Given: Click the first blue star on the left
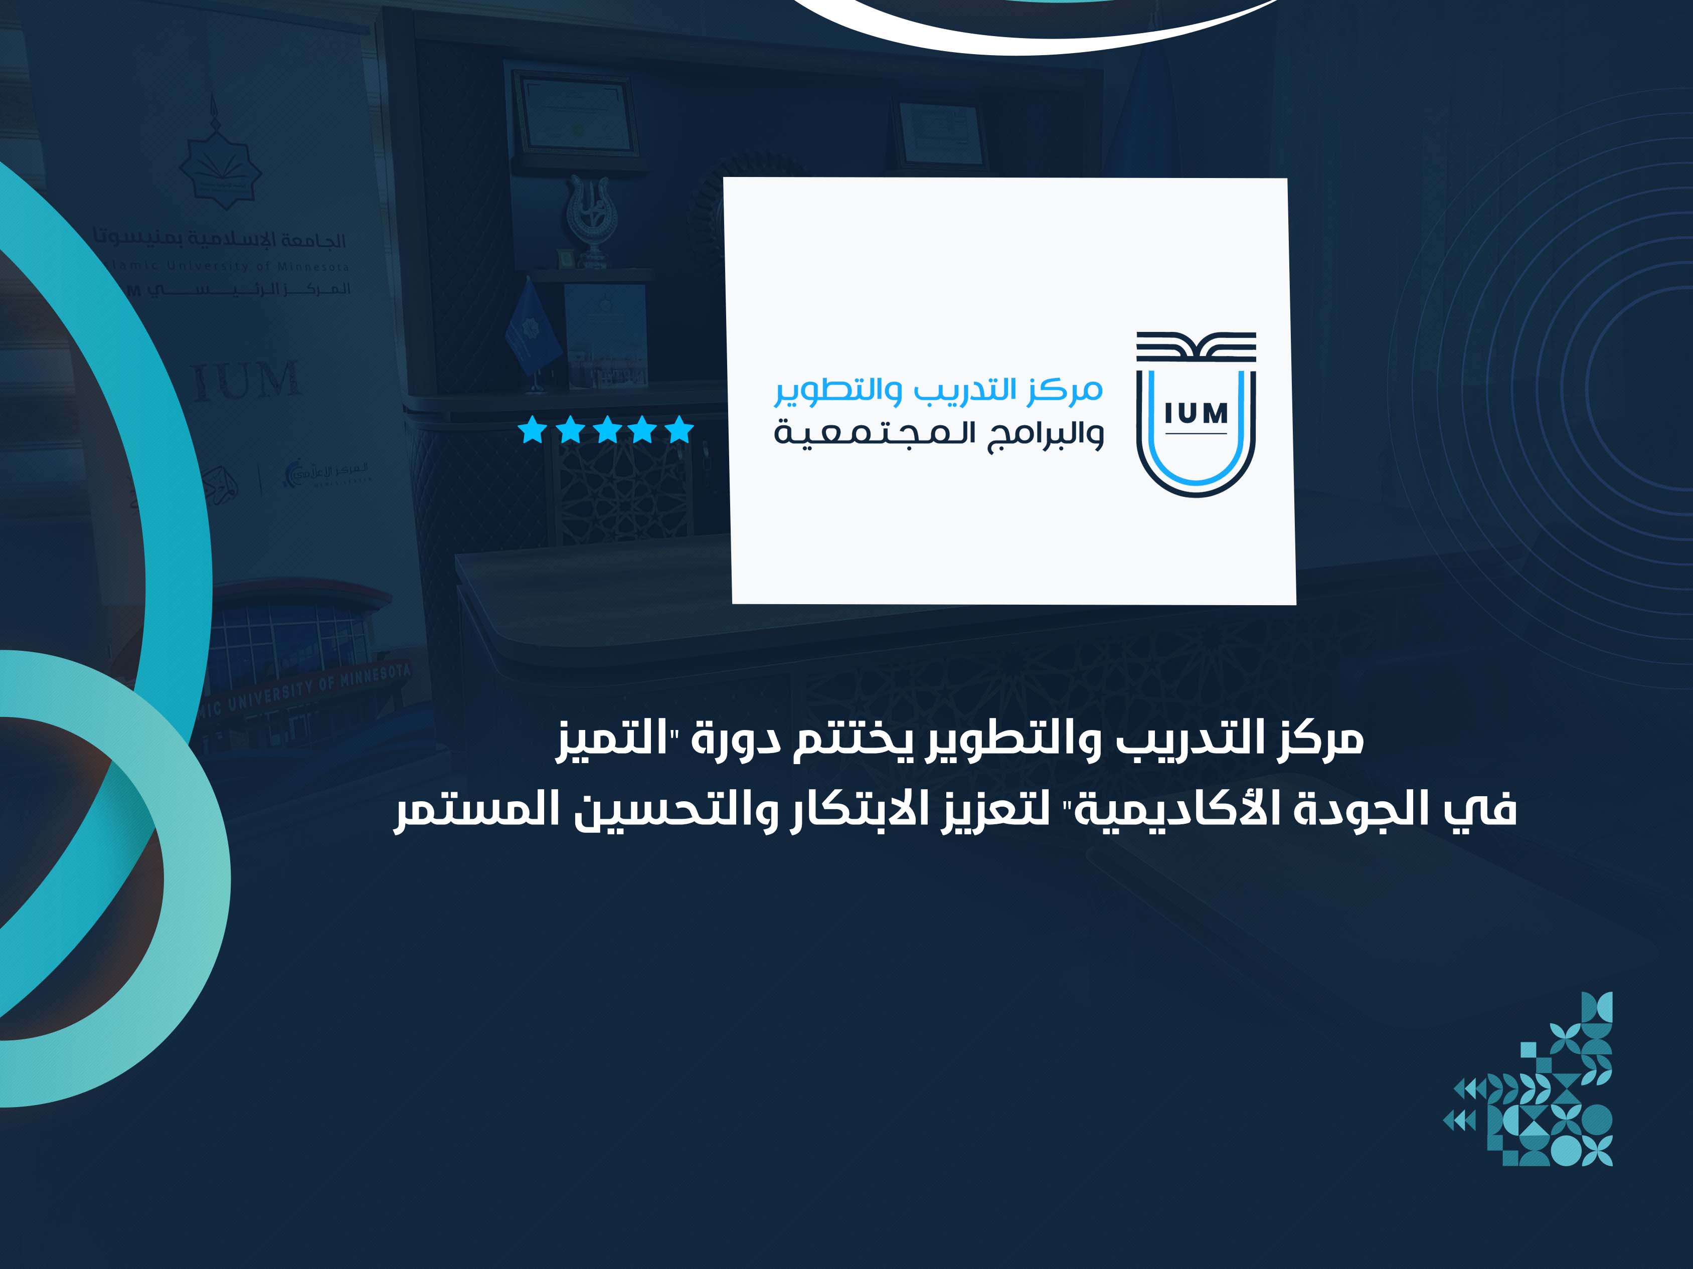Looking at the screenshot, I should [x=532, y=430].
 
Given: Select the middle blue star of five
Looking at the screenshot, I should [x=606, y=430].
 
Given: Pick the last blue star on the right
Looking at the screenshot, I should [x=680, y=430].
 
